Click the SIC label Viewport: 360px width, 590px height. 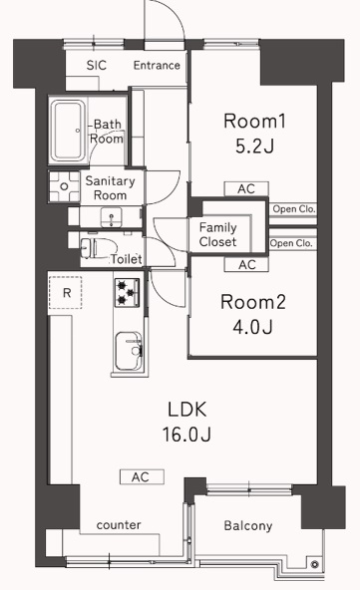(x=97, y=65)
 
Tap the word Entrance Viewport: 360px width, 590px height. (x=157, y=65)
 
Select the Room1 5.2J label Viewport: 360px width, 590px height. (x=254, y=134)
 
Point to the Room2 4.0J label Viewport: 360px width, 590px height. (x=253, y=315)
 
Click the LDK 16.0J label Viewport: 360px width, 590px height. (x=187, y=422)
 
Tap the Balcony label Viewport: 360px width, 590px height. (x=247, y=525)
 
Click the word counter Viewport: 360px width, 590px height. (x=119, y=525)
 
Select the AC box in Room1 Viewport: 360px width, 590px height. (x=246, y=189)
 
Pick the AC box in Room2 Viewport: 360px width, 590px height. (x=246, y=265)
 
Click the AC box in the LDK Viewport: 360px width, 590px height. (x=142, y=476)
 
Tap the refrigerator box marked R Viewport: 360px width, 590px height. (x=66, y=292)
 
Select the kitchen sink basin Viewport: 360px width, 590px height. (x=129, y=351)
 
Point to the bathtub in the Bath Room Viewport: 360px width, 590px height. (x=68, y=131)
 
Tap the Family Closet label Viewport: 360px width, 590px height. (x=217, y=234)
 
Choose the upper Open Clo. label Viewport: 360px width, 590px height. (x=294, y=209)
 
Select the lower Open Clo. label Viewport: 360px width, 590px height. (x=291, y=243)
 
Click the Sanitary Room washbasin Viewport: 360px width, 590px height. (x=112, y=218)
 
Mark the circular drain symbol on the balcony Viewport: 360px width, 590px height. (x=315, y=564)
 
